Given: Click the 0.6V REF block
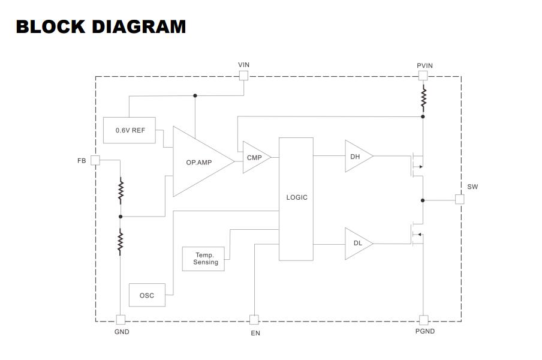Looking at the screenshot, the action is coord(130,130).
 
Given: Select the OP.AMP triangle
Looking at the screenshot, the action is coord(199,161).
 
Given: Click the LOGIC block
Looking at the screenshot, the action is coord(296,199).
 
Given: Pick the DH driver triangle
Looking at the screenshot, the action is coord(357,156).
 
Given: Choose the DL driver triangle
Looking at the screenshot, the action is coord(357,244).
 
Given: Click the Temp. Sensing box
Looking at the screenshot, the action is coord(203,259).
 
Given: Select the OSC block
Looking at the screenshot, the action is coord(147,295).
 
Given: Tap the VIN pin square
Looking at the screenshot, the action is coord(243,76).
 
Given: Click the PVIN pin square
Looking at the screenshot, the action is coord(423,76).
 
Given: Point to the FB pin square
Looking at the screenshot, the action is coord(95,160).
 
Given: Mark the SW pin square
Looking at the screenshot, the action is coord(459,199).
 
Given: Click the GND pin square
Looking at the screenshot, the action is coord(121,320).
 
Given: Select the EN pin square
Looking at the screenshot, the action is coord(254,320).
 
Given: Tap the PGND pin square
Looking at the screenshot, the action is coord(423,320).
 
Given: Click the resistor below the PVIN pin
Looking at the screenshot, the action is coord(423,98).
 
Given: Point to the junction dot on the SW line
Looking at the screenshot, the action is coord(423,200).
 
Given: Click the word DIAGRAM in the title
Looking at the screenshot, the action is coord(139,27).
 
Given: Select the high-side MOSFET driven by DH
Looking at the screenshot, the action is coord(417,165).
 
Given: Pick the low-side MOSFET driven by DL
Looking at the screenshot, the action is coord(417,234).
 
